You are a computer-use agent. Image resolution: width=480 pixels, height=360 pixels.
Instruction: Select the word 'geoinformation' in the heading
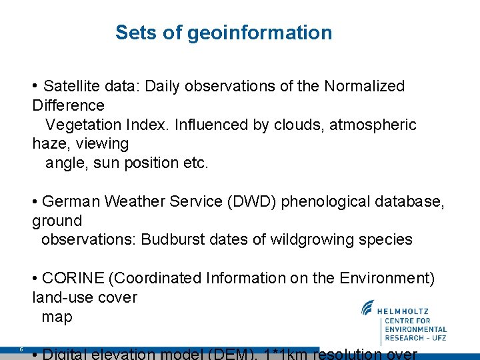click(259, 33)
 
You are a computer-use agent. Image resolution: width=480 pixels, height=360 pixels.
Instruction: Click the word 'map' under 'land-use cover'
click(57, 317)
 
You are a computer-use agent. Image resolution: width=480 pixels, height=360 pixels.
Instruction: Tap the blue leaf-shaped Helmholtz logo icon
click(368, 308)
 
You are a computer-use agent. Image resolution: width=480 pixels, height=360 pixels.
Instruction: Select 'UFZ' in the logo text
click(437, 338)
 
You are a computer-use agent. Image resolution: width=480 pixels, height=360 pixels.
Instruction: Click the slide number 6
click(21, 349)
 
